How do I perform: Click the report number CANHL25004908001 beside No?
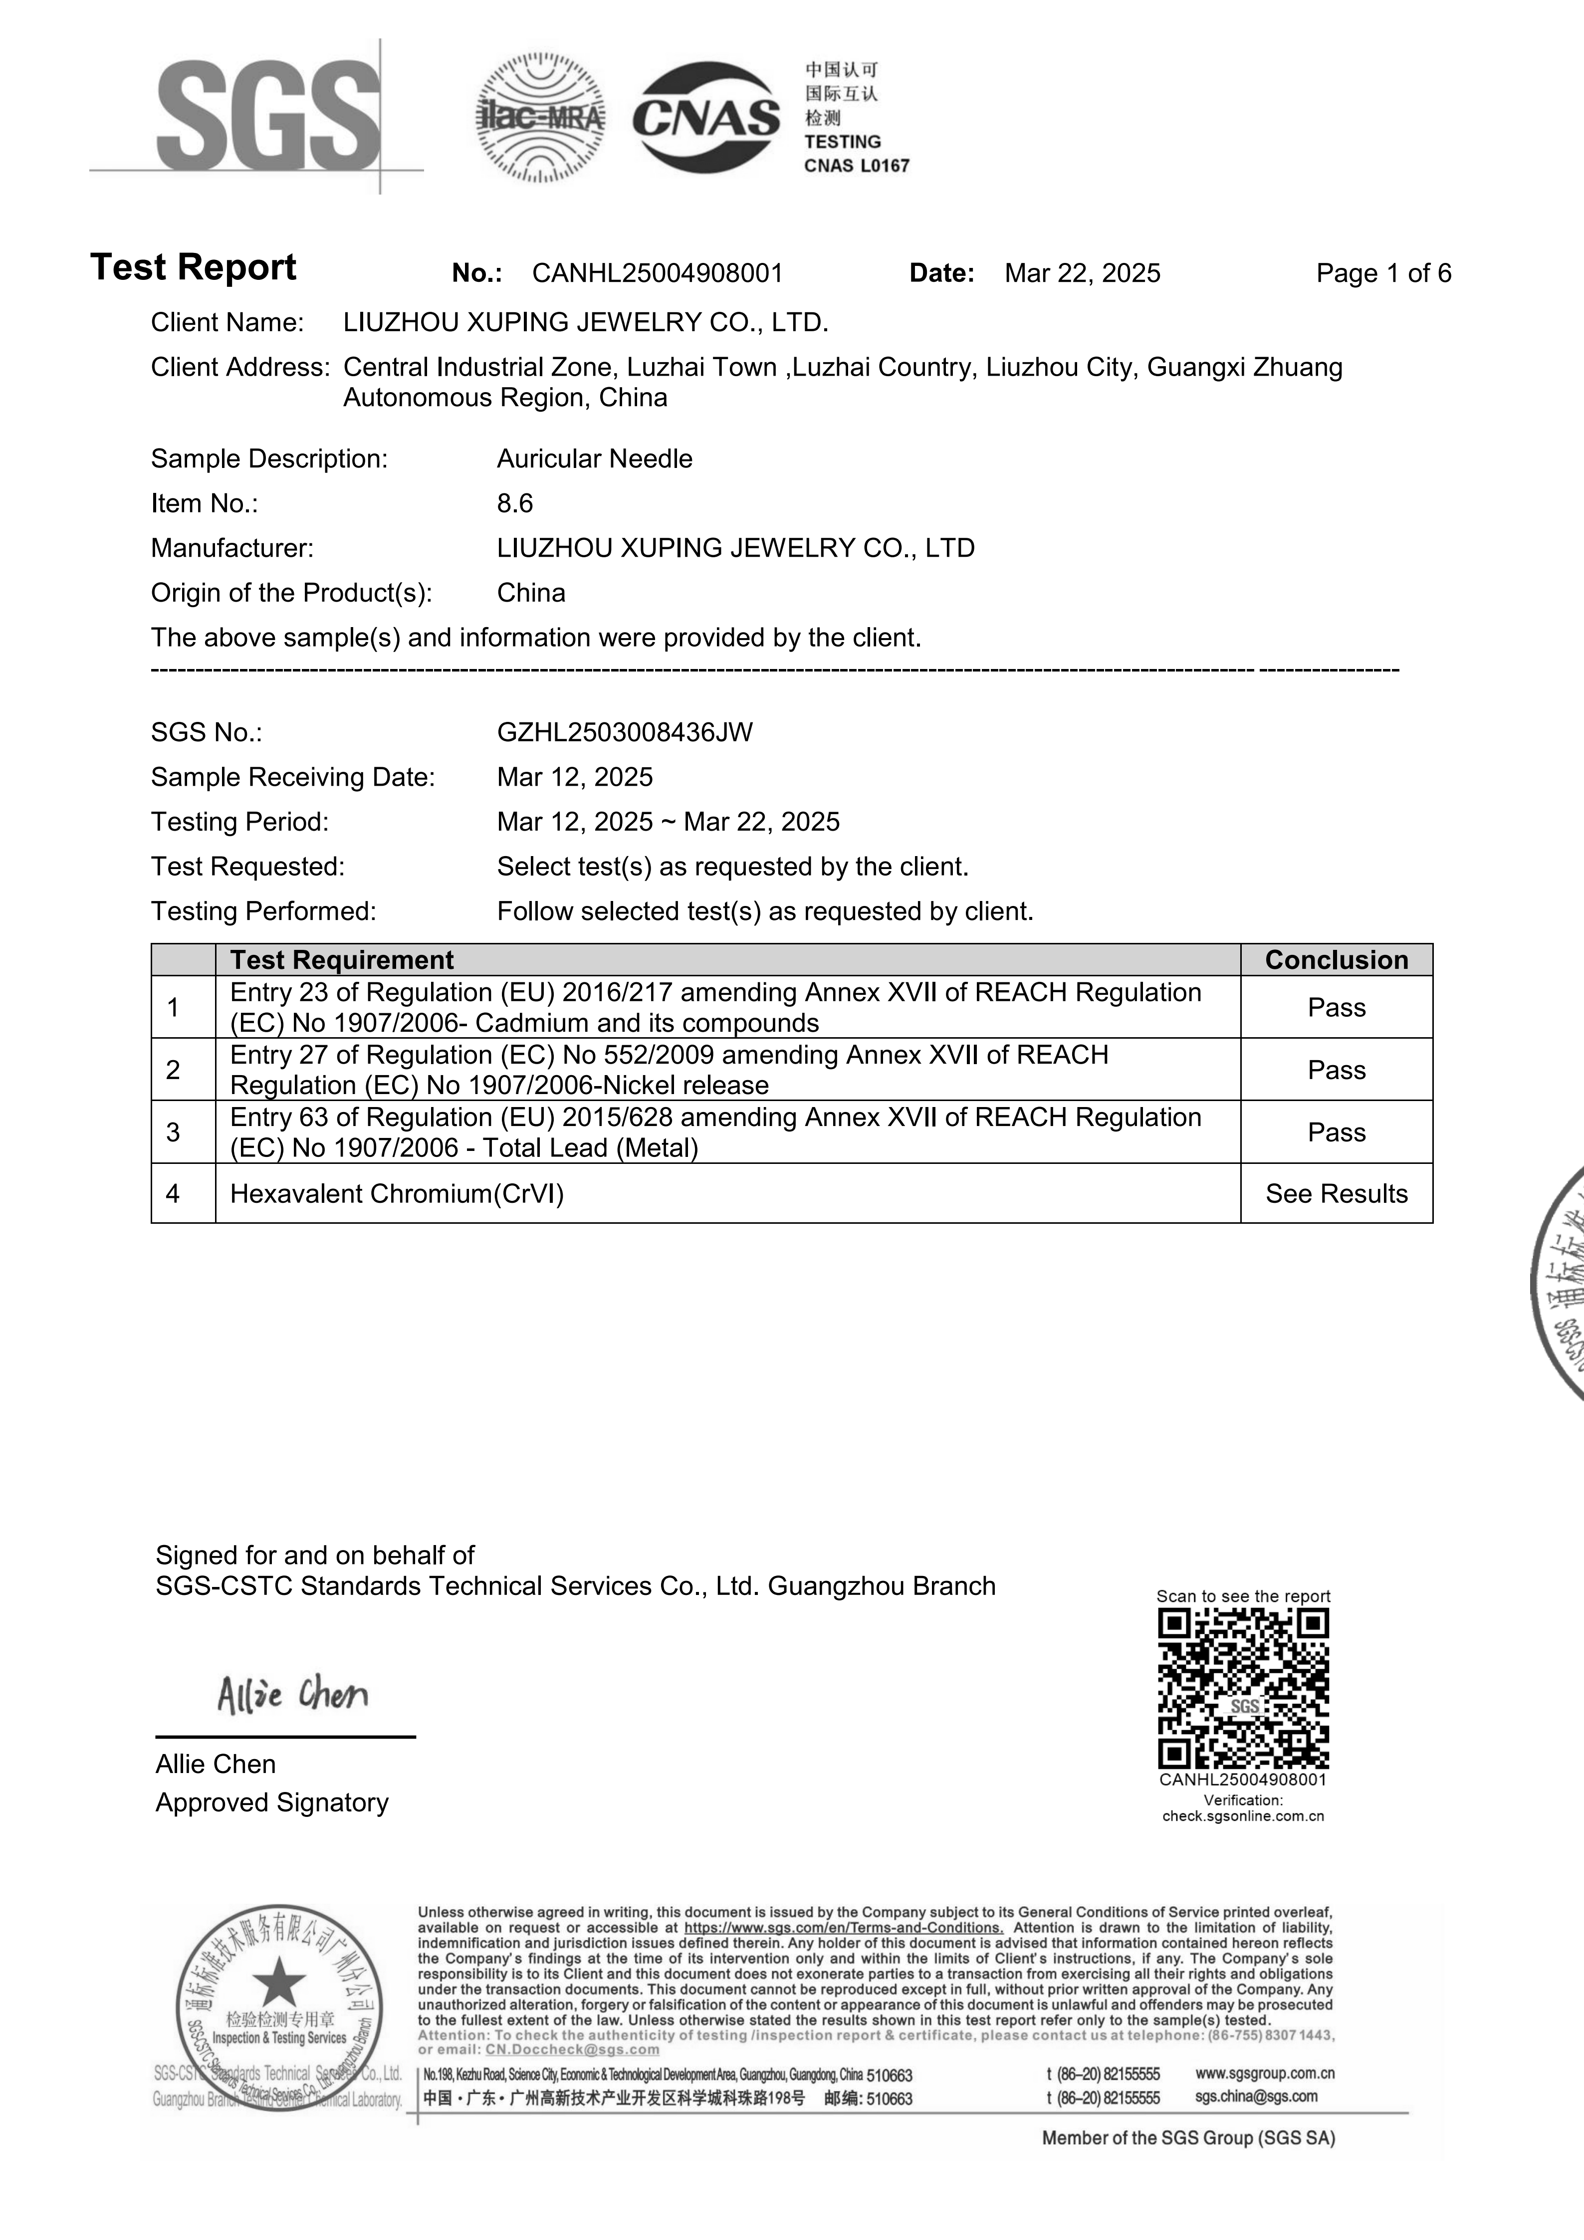click(x=658, y=273)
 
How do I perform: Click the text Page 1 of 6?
click(x=1383, y=273)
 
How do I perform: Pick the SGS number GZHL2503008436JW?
click(x=624, y=733)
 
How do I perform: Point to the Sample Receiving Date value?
click(x=575, y=778)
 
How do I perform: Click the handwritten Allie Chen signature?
click(x=293, y=1695)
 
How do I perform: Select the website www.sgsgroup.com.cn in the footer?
click(x=1264, y=2073)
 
